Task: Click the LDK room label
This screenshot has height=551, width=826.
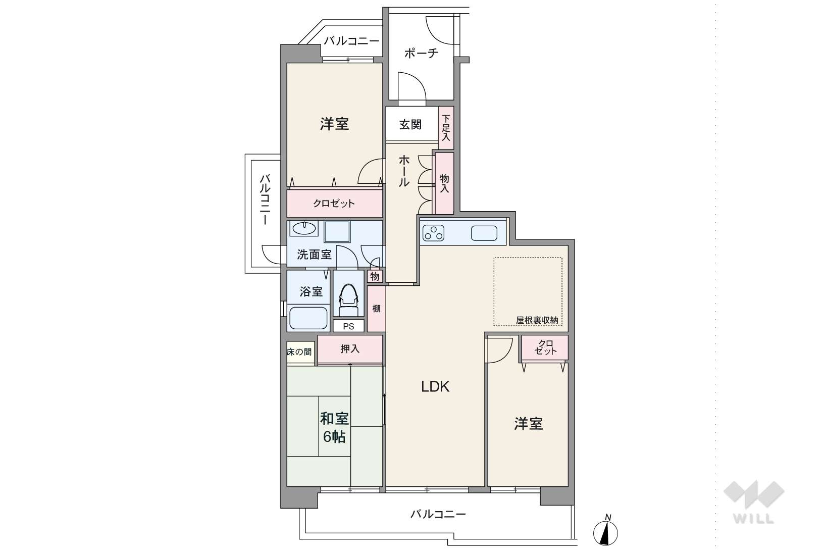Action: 435,386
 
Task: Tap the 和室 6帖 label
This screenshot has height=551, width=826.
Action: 334,428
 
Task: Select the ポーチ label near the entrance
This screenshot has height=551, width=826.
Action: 421,53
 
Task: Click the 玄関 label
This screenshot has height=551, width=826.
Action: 410,125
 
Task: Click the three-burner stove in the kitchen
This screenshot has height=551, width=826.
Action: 433,233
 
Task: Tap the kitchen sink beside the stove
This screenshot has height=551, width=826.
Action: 484,233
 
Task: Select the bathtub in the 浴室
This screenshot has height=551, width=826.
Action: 308,318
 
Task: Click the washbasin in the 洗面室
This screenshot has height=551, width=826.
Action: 304,229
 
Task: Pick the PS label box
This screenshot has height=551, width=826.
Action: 348,326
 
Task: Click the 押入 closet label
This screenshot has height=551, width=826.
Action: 349,349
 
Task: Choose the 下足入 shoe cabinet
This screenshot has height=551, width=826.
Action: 446,128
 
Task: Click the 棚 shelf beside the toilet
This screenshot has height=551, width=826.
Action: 376,308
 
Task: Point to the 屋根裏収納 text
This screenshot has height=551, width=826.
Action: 537,320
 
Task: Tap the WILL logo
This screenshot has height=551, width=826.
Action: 754,502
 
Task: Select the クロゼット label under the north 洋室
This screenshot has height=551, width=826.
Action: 334,203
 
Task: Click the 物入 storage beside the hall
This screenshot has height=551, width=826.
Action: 444,183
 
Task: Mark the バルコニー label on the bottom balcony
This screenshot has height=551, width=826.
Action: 438,514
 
